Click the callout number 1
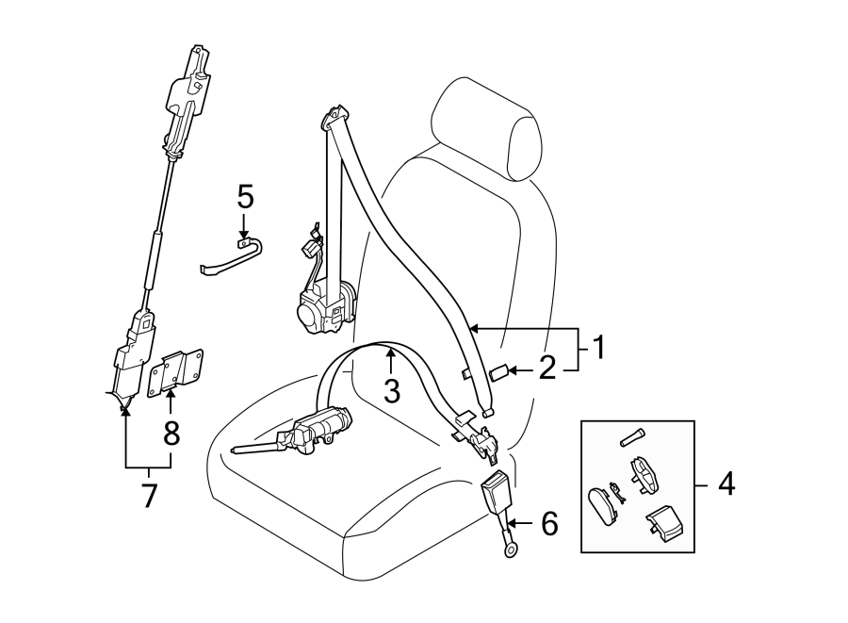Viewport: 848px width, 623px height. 595,349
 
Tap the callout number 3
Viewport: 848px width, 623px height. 392,388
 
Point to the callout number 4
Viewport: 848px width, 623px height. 726,484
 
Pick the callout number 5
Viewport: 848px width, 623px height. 245,197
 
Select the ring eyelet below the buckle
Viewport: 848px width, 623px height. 509,547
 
